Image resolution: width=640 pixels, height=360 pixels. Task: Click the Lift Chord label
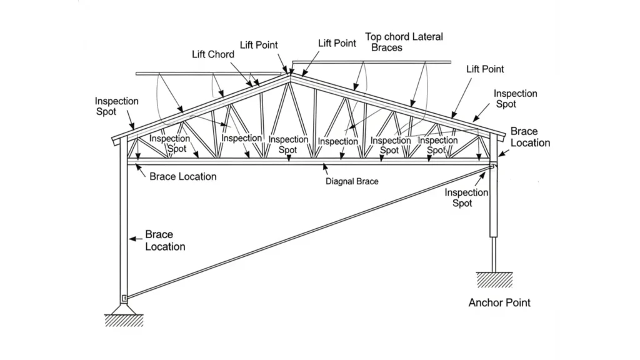coord(212,54)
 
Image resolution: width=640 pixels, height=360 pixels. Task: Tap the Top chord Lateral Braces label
coord(404,42)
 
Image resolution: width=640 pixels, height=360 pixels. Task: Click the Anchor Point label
coord(499,302)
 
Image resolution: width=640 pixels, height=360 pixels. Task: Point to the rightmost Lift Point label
coord(485,69)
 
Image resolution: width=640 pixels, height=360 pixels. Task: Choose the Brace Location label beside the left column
coord(165,241)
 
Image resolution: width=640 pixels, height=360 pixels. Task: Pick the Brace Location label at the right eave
coord(530,137)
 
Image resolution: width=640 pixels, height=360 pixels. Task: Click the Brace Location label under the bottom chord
coord(183,176)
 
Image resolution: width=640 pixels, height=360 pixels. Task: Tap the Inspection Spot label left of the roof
coord(117,106)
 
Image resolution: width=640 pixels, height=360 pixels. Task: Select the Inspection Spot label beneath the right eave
coord(466,198)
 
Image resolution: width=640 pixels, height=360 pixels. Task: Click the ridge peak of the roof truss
coord(290,76)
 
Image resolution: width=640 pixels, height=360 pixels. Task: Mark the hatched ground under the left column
coord(124,320)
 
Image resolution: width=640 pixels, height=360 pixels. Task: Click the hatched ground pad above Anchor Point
coord(494,279)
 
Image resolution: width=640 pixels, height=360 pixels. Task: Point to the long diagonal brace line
coord(306,231)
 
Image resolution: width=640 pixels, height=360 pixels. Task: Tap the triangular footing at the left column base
coord(124,307)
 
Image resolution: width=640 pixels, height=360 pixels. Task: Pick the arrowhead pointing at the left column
coord(132,238)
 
